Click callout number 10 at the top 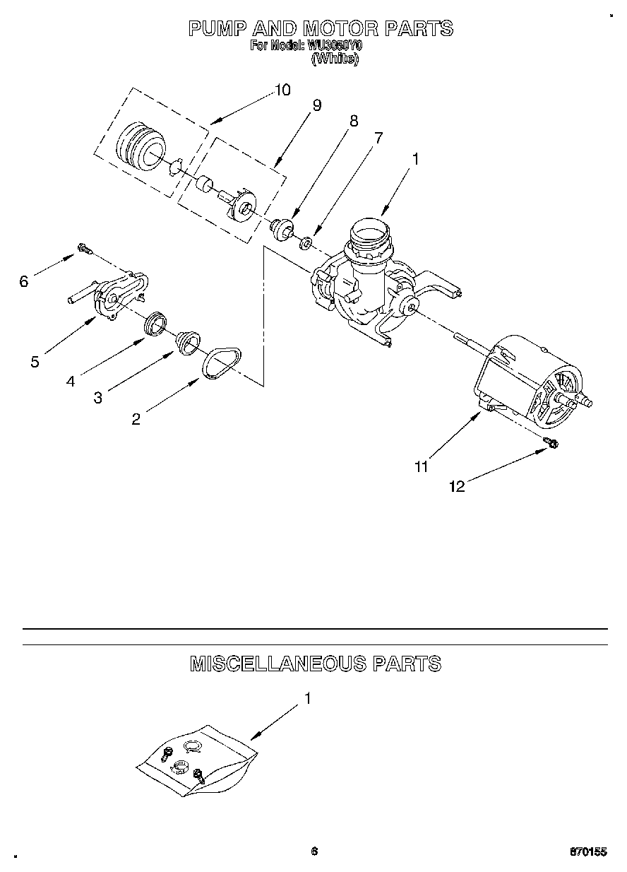click(x=282, y=90)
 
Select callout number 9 click(x=316, y=105)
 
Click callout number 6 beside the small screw click(x=24, y=281)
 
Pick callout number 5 click(x=35, y=362)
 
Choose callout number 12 click(x=458, y=486)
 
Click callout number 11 click(x=422, y=466)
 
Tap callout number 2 click(x=136, y=419)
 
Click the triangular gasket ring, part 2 click(x=222, y=363)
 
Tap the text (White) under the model click(x=335, y=59)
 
